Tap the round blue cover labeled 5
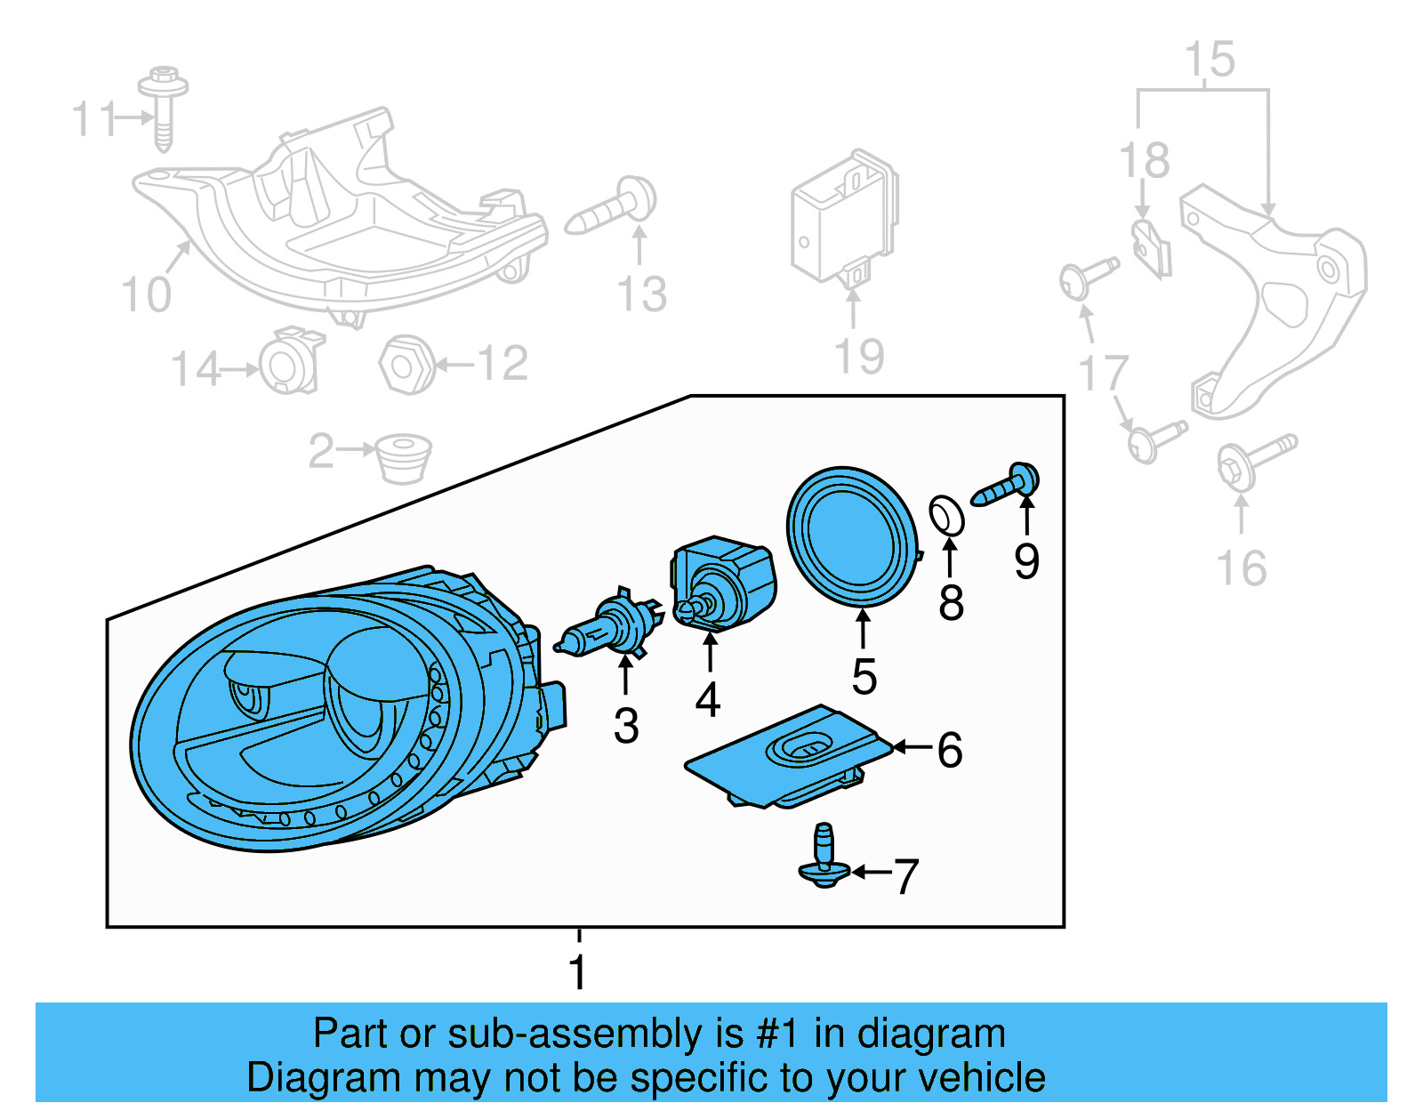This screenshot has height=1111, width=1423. click(x=851, y=536)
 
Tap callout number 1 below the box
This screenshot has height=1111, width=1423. click(x=578, y=971)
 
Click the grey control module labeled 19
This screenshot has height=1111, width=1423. click(x=843, y=218)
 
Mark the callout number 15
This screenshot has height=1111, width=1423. click(x=1210, y=60)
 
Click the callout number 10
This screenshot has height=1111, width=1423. click(x=146, y=294)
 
